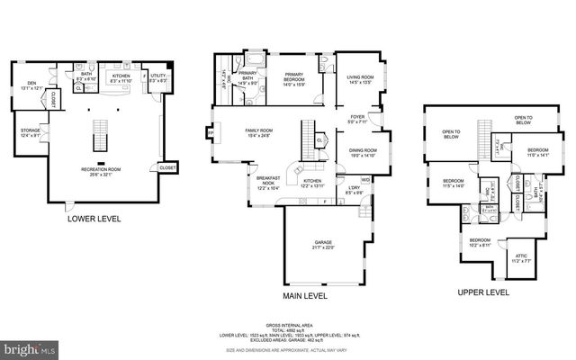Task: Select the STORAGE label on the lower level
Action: [30, 133]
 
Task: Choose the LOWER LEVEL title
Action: [96, 217]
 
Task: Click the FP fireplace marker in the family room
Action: [211, 132]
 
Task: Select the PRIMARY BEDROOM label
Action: [294, 77]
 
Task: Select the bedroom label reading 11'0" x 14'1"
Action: [538, 152]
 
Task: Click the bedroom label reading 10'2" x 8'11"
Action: [480, 241]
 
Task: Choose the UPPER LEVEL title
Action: [482, 292]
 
